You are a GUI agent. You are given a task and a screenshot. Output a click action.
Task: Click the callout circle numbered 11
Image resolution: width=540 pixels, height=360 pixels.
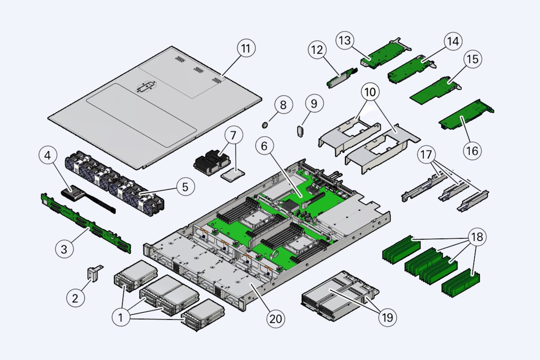click(x=246, y=48)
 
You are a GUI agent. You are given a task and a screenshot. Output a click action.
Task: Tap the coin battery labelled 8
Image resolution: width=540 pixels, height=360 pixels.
click(x=265, y=125)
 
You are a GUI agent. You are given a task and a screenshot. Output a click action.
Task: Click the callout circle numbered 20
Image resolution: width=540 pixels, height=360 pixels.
click(x=276, y=319)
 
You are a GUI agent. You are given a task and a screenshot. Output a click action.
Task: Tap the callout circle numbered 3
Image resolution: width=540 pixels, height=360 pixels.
click(x=64, y=249)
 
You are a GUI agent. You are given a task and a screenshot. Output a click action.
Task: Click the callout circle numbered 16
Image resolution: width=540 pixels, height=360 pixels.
click(x=472, y=150)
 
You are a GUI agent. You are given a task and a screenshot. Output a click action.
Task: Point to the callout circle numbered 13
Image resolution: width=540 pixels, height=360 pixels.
click(x=345, y=40)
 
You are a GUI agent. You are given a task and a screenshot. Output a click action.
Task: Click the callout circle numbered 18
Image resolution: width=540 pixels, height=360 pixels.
click(x=477, y=237)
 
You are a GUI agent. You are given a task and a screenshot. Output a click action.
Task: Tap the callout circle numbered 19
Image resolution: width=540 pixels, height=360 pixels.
click(x=387, y=317)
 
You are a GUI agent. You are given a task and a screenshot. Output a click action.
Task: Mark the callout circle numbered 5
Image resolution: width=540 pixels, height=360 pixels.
click(x=185, y=187)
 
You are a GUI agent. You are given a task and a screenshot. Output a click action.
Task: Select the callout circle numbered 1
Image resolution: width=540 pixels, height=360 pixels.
click(x=120, y=317)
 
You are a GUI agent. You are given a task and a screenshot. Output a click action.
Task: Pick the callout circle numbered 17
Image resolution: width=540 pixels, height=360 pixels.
click(x=426, y=155)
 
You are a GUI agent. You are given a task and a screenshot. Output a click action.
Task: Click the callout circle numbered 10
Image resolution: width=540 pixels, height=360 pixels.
click(x=370, y=92)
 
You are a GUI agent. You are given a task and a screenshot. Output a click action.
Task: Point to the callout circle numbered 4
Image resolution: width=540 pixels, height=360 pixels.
click(x=48, y=155)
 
